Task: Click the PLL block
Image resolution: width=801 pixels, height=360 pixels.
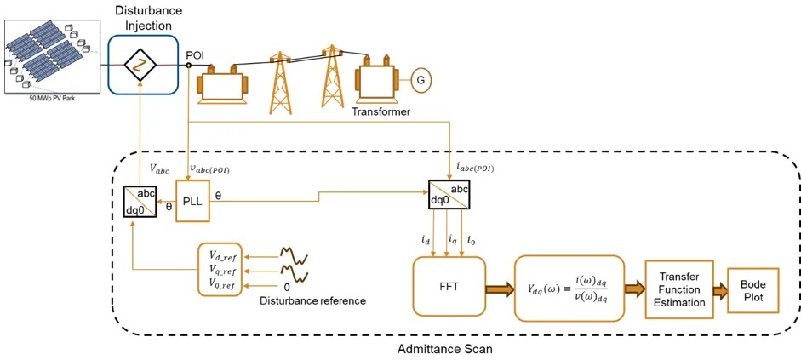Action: [x=192, y=200]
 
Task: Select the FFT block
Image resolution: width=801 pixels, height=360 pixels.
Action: [x=449, y=285]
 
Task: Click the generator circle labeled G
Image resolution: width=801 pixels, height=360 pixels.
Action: [x=420, y=81]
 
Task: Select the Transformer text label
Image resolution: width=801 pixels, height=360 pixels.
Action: [x=380, y=111]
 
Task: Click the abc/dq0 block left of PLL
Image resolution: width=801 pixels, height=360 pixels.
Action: [x=140, y=201]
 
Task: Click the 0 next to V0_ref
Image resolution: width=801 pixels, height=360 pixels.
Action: [x=287, y=285]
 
